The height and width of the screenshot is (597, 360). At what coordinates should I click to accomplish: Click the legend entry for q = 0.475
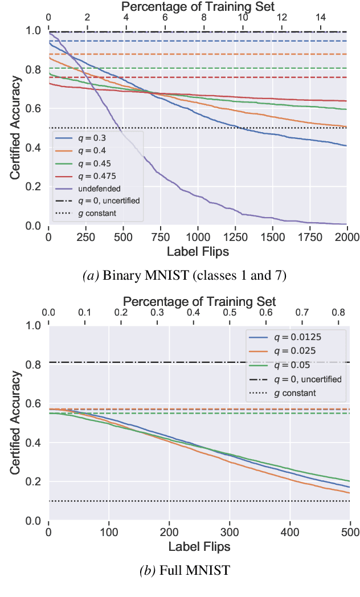pos(91,176)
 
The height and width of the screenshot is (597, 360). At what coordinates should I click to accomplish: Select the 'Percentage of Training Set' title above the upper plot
pos(199,7)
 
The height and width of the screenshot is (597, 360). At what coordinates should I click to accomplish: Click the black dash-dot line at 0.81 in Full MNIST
pos(171,362)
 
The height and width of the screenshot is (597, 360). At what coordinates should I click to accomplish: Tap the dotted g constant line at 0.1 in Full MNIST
pos(171,501)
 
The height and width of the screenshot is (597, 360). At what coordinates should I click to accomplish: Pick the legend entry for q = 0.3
pos(88,138)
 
